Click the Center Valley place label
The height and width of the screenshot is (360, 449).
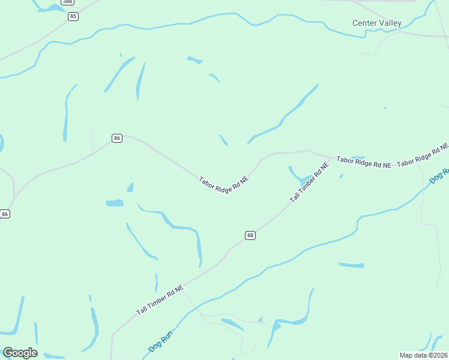click(x=376, y=23)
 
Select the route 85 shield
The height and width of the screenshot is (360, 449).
click(x=73, y=16)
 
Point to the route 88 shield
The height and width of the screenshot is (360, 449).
click(x=250, y=235)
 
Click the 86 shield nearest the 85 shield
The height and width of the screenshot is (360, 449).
click(x=117, y=138)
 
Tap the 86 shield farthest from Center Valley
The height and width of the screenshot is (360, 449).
click(x=5, y=214)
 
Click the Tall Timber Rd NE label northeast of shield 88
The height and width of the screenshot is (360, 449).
click(x=310, y=181)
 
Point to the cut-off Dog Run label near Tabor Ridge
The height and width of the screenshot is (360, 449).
click(x=439, y=176)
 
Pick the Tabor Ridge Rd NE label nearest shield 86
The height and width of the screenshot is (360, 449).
click(x=224, y=188)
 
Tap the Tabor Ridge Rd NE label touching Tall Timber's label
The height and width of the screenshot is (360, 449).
click(x=364, y=161)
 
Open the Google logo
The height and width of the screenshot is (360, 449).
click(x=20, y=353)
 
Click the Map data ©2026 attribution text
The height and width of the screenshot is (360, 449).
click(x=424, y=355)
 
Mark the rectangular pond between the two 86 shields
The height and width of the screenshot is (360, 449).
click(x=115, y=203)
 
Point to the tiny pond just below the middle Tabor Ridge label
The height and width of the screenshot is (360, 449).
click(x=342, y=176)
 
